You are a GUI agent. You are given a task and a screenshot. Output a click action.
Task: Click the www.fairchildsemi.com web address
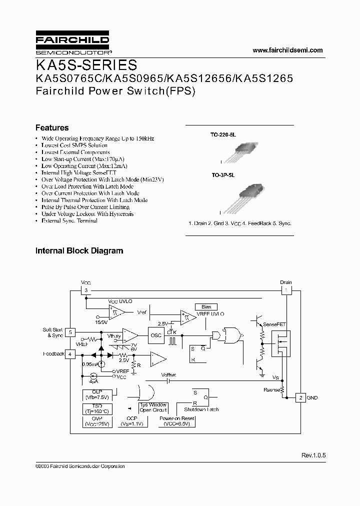[x=287, y=50]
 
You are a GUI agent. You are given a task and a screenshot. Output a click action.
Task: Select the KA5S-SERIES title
[x=86, y=65]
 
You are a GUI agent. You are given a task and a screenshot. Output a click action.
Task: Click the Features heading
[x=52, y=127]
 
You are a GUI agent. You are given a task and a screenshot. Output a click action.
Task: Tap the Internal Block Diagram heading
[x=79, y=250]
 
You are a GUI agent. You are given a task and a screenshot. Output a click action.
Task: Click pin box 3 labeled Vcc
[x=86, y=290]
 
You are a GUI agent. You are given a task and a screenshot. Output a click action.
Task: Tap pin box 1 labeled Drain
[x=285, y=290]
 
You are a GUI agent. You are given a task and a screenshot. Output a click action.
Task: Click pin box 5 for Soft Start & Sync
[x=71, y=331]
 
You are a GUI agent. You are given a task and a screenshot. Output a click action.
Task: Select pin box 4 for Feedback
[x=71, y=354]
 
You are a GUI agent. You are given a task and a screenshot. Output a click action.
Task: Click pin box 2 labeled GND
[x=300, y=397]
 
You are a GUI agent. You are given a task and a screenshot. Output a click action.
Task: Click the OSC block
[x=156, y=335]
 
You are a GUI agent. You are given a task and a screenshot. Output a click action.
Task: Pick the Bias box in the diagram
[x=206, y=306]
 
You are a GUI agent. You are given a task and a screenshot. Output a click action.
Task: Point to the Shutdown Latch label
[x=201, y=409]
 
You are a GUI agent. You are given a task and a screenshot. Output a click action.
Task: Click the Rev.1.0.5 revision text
[x=313, y=455]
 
